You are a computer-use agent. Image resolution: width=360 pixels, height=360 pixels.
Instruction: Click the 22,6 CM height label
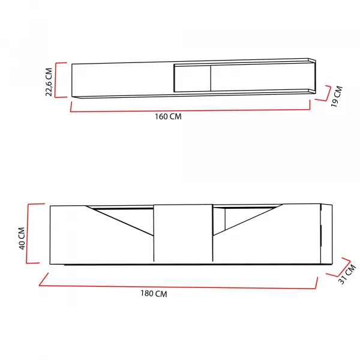click(49, 82)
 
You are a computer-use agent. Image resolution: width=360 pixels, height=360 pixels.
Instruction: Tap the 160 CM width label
click(168, 116)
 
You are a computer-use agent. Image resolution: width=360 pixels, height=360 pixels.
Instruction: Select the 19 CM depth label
click(337, 97)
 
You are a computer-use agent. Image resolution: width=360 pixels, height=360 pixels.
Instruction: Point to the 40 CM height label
click(22, 238)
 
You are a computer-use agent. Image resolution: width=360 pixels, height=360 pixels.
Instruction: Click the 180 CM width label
click(154, 293)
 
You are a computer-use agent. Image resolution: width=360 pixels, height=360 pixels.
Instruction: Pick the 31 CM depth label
click(347, 275)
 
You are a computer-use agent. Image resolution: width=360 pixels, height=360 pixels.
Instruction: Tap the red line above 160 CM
click(190, 110)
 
